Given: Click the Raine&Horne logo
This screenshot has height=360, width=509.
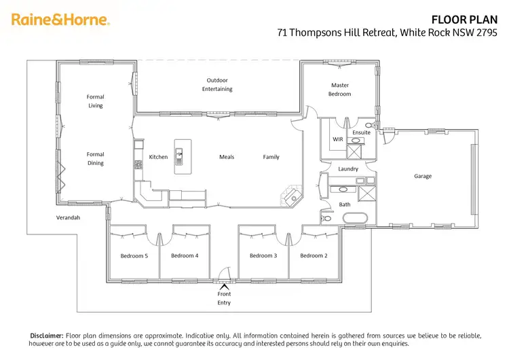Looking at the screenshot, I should pos(60,20).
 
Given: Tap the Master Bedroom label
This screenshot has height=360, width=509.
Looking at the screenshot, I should pos(340,90).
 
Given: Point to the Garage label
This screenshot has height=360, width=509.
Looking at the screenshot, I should pos(423,176).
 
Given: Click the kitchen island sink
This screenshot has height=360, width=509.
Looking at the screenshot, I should pos(180,156).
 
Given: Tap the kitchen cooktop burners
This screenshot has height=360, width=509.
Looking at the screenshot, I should pos(138,164).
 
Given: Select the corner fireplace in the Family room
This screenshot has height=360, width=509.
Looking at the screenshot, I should pos(290,196).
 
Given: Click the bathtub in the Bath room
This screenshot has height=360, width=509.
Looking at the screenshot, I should pos(355,219).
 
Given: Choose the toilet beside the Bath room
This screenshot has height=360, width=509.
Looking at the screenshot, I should pos(326,219).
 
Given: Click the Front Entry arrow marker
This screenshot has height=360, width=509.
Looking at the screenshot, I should pos(224,285).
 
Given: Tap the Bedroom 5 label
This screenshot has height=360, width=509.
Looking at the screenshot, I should pos(134,255).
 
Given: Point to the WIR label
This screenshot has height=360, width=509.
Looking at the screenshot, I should pos(338,139).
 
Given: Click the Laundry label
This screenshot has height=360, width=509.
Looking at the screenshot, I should pos(347,168).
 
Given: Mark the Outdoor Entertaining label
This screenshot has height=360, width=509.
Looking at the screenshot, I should pos(219,84).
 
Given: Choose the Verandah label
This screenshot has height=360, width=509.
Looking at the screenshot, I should pos(68,217).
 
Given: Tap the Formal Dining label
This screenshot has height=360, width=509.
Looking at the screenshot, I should pos(95,159).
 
